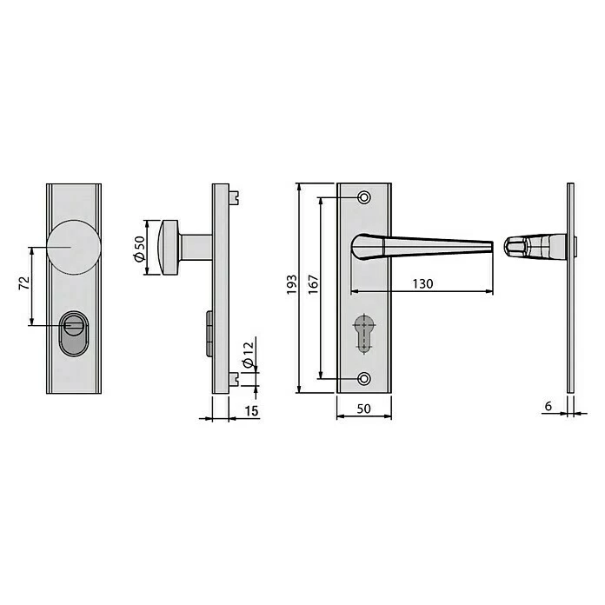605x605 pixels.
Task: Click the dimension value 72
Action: click(x=24, y=283)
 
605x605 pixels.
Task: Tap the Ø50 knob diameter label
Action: click(x=139, y=249)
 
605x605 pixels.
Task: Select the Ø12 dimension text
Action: click(x=248, y=354)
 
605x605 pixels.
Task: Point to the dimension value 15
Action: click(x=251, y=411)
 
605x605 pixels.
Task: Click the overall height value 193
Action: click(x=292, y=285)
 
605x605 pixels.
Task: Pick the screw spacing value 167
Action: click(x=313, y=285)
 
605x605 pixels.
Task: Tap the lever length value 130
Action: click(x=422, y=284)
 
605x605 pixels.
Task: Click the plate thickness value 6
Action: click(x=548, y=406)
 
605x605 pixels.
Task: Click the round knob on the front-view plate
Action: click(x=74, y=248)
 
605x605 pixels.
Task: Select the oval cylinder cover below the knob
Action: click(x=74, y=334)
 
